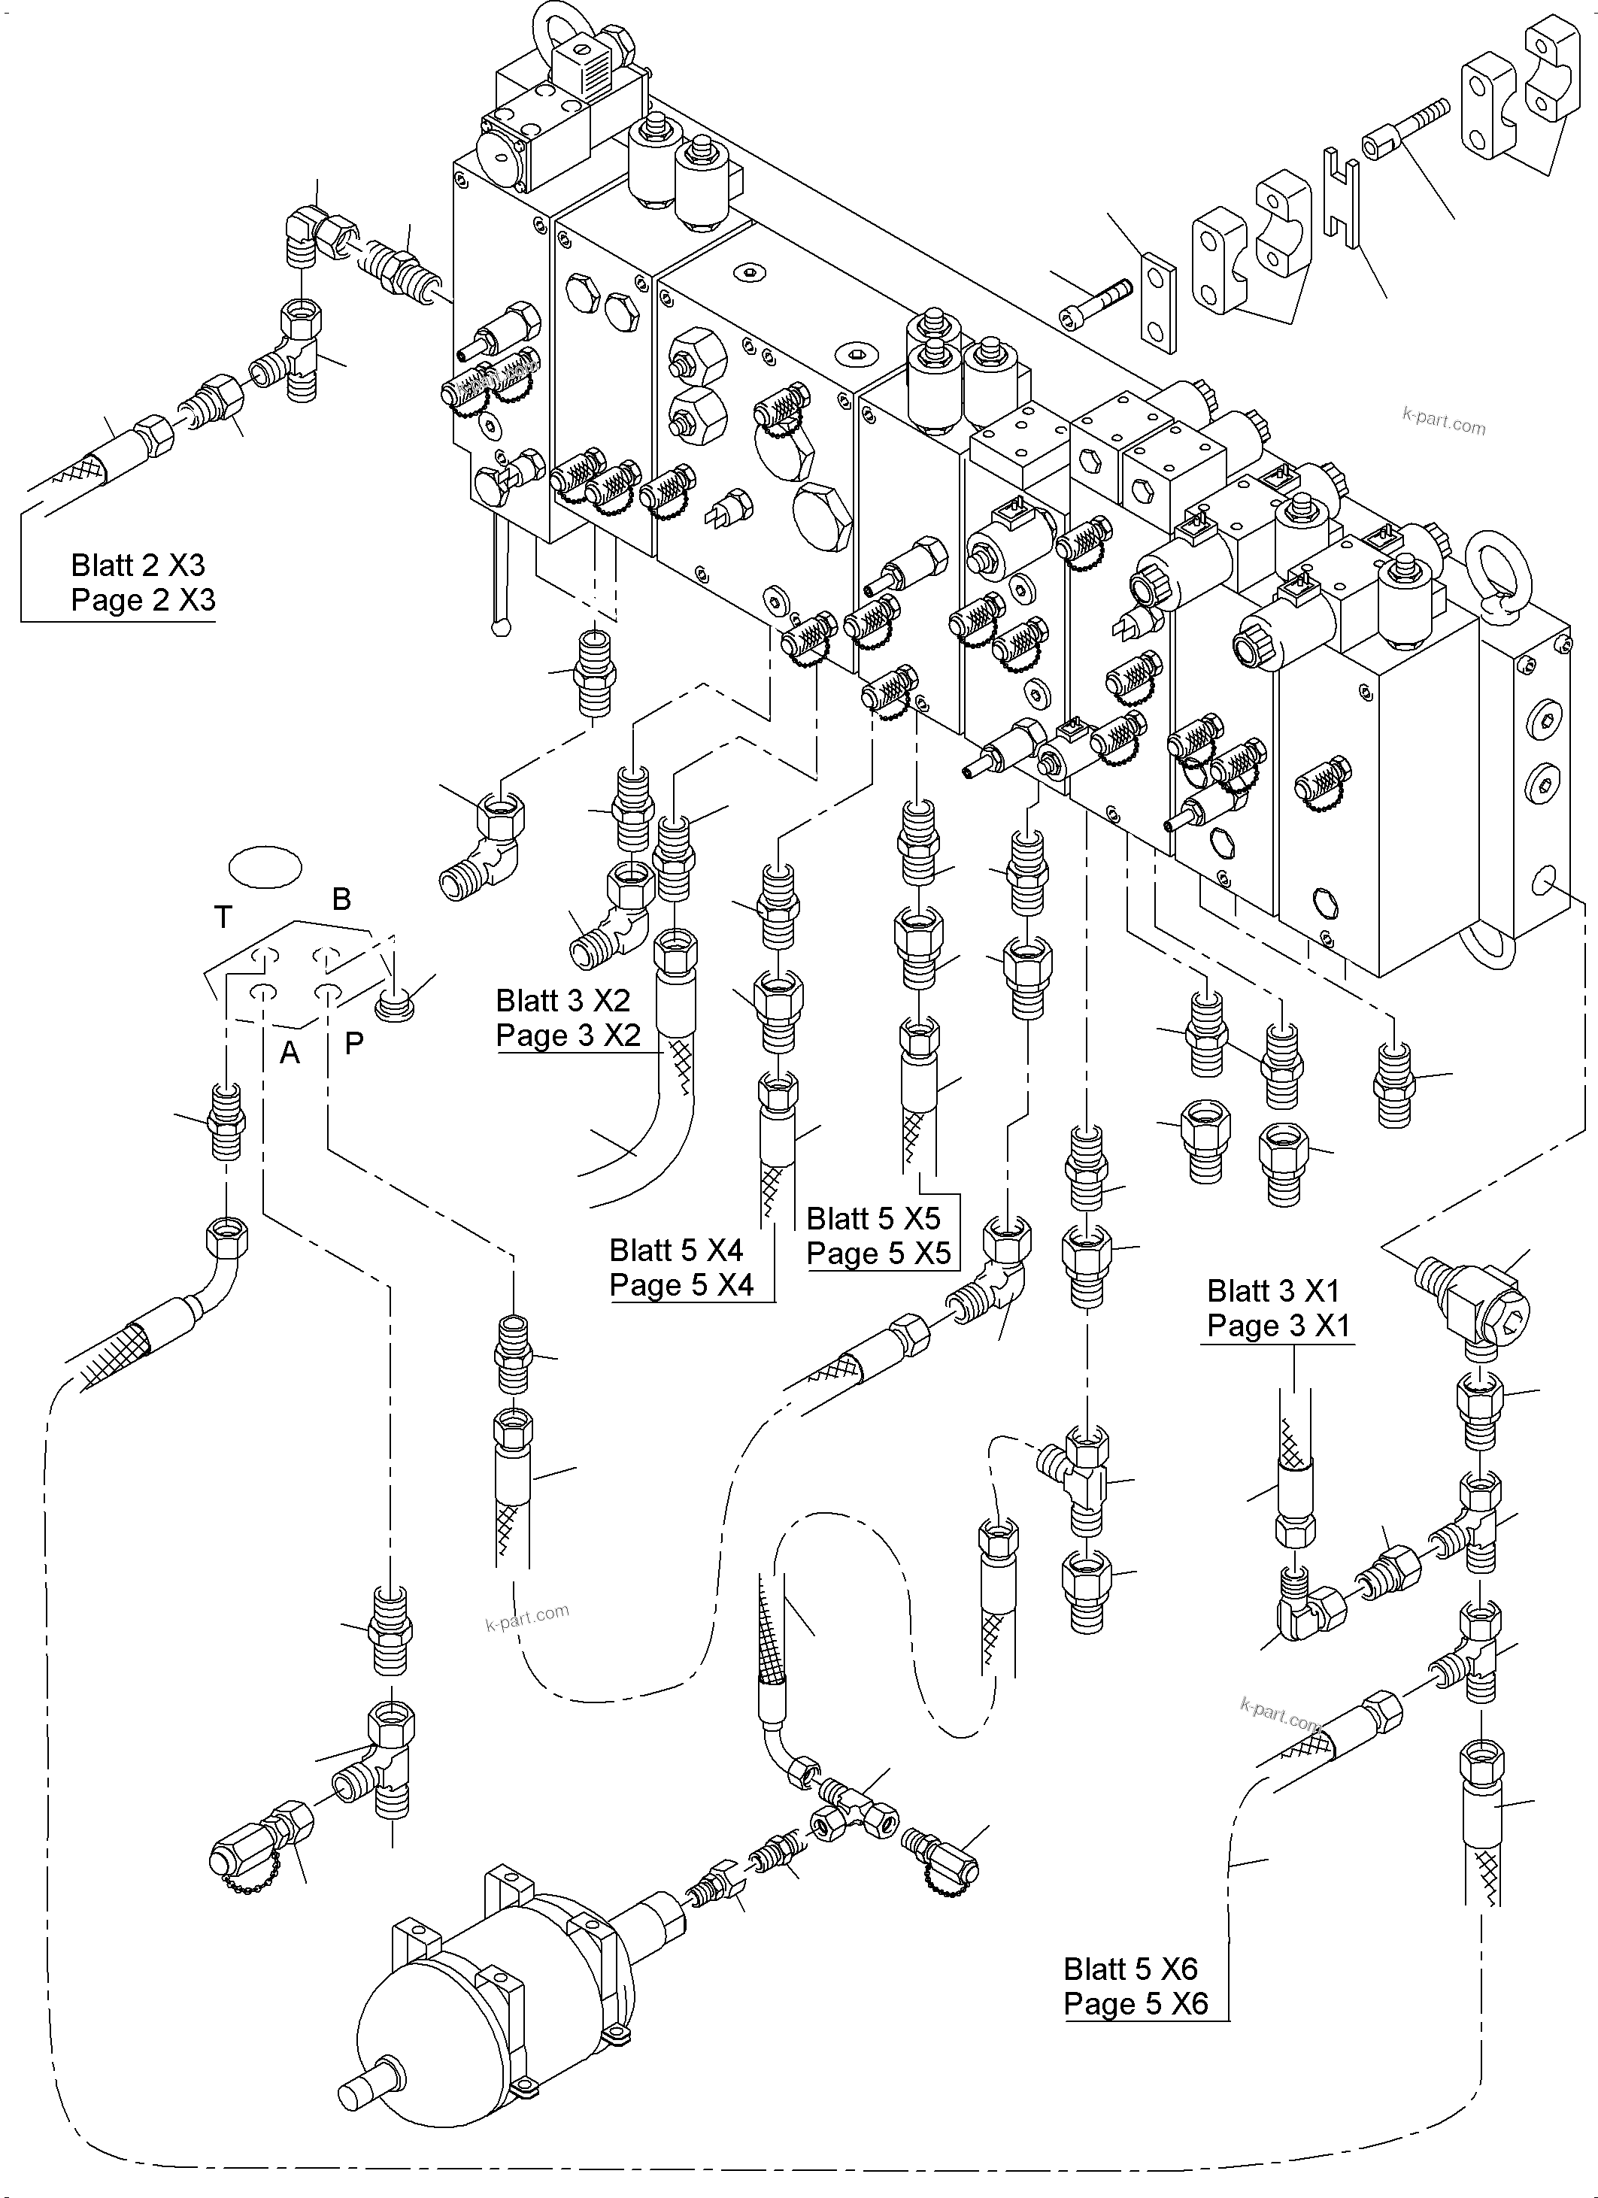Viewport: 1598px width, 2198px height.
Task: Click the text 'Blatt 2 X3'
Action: click(x=138, y=565)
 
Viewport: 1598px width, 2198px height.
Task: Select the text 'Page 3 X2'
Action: click(x=568, y=1035)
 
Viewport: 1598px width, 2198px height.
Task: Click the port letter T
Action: click(x=223, y=916)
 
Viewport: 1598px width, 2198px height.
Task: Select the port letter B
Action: click(x=341, y=899)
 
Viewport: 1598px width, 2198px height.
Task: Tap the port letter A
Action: click(x=289, y=1053)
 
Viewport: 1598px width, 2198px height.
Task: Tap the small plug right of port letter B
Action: click(x=396, y=1003)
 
